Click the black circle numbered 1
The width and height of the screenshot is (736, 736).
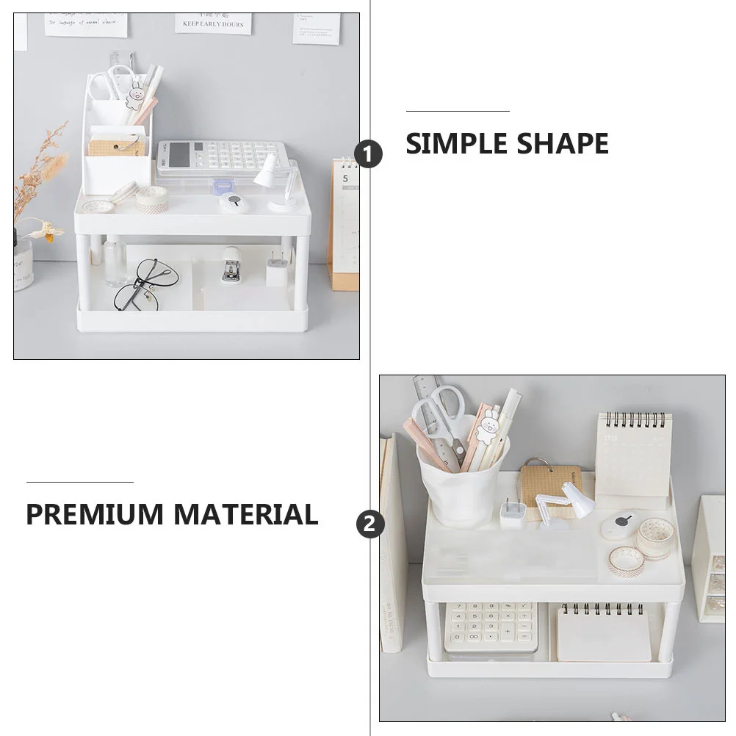coord(369,154)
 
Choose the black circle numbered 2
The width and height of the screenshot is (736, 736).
coord(370,524)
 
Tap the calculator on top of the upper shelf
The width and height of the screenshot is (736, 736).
coord(219,157)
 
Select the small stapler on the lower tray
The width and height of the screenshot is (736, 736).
coord(231,265)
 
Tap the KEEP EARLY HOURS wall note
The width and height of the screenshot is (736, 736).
coord(213,23)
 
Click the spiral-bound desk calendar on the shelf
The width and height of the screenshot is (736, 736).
coord(633,459)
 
